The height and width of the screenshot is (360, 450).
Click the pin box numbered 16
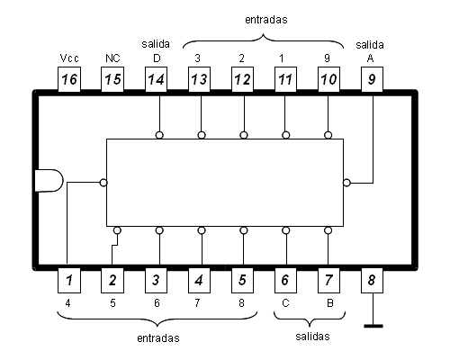[69, 79]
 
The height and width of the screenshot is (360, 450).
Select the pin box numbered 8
[372, 280]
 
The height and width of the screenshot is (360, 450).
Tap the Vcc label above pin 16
[69, 58]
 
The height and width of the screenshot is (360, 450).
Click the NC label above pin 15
[112, 58]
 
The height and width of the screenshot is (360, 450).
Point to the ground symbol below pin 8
[373, 326]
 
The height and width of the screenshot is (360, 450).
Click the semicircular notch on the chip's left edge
[49, 180]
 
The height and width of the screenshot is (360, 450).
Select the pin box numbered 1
[69, 280]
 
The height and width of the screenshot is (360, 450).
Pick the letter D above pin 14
[157, 58]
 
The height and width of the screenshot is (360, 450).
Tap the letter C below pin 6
[285, 303]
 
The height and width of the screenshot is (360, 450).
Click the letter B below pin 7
[329, 303]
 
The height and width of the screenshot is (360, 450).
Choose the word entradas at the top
[266, 20]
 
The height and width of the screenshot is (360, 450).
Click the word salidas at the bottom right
[312, 337]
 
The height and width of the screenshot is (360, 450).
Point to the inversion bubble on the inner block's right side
[346, 183]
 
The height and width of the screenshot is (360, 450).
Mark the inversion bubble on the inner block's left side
[103, 183]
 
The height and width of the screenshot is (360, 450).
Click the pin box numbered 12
[242, 79]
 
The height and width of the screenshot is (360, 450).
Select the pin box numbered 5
[242, 280]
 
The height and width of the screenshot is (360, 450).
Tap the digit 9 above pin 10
[328, 58]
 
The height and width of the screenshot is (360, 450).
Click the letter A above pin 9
[370, 58]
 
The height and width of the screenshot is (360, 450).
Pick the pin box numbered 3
[156, 280]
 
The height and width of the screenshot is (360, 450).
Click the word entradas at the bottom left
[158, 338]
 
